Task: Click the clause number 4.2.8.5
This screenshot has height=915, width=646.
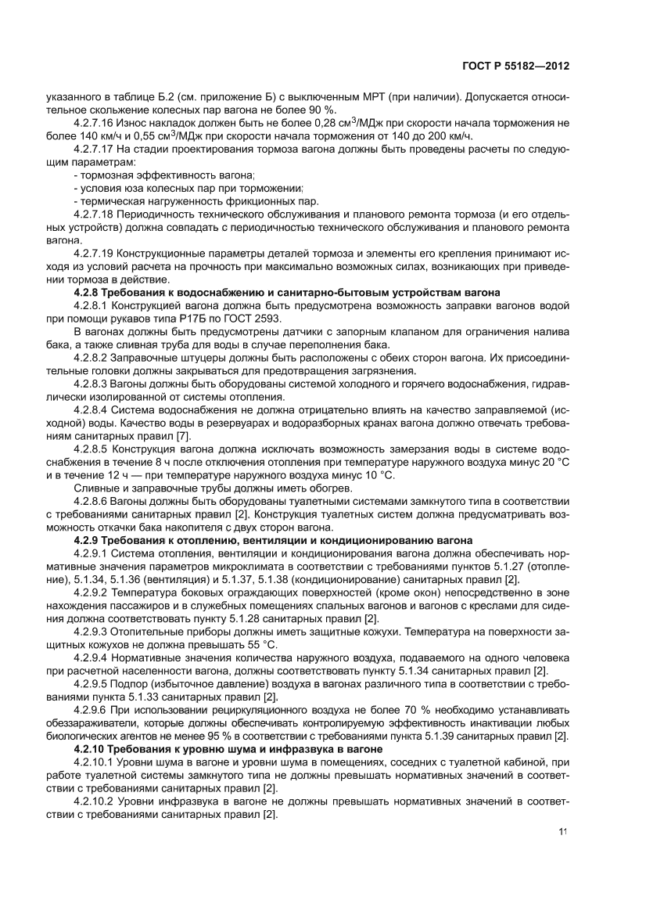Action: [95, 448]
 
